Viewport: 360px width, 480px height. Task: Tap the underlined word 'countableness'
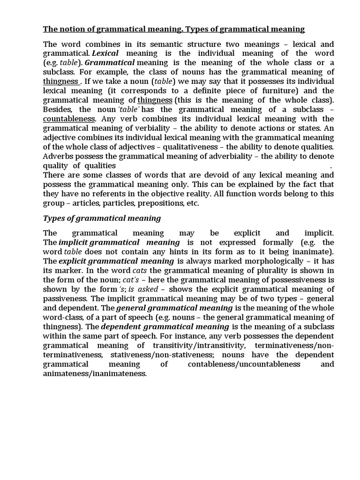69,119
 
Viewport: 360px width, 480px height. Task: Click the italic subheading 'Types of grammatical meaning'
102,218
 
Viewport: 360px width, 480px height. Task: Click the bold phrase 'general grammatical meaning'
174,308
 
